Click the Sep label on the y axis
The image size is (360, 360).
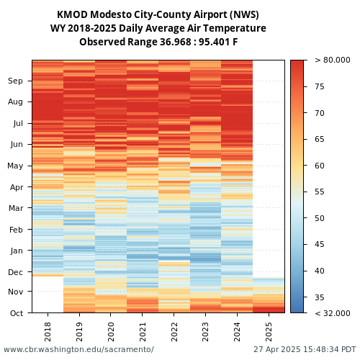click(15, 81)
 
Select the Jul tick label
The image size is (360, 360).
click(18, 123)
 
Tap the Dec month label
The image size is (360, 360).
click(16, 272)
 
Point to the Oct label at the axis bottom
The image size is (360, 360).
click(17, 313)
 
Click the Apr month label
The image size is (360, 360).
click(17, 187)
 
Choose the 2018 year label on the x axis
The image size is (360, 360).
click(48, 332)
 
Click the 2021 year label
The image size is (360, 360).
click(143, 332)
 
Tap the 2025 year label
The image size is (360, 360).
click(269, 332)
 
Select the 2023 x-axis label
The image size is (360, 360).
click(206, 332)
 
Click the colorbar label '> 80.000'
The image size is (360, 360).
click(333, 60)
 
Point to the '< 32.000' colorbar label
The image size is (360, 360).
click(333, 313)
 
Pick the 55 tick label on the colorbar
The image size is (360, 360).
click(320, 192)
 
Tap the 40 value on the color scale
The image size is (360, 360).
click(320, 271)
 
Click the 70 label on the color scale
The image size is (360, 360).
click(320, 113)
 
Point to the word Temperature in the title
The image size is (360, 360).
click(235, 28)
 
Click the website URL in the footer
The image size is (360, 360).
click(78, 349)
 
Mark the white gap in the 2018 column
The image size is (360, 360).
click(48, 294)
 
